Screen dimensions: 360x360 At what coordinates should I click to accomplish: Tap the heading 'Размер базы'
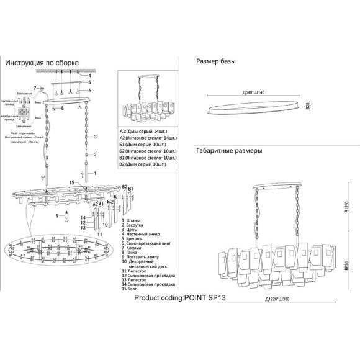(x=216, y=62)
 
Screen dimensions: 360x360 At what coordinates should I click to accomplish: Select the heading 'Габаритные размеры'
(x=229, y=151)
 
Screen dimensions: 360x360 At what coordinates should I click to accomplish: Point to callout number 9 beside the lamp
(x=56, y=215)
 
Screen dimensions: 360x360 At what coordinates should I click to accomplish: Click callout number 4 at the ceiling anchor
(x=89, y=76)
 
